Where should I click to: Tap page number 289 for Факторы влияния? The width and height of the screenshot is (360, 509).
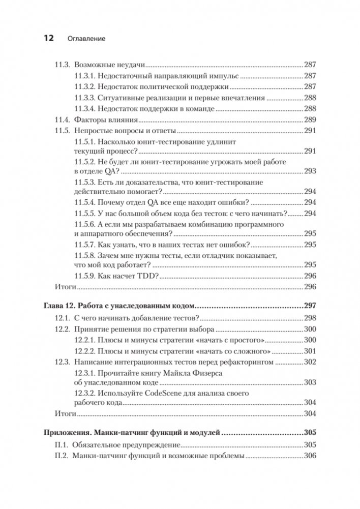coord(310,120)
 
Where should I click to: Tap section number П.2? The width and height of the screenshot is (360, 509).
coord(61,456)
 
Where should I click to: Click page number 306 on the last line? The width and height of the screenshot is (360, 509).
coord(310,456)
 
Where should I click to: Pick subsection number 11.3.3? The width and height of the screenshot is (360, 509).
coord(84,98)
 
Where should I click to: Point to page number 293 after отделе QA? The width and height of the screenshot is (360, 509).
coord(310,171)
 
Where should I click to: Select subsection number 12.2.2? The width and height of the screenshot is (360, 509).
coord(84,351)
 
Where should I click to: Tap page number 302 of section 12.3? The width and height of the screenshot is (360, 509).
coord(310,362)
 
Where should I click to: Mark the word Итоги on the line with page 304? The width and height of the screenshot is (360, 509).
coord(64,413)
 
